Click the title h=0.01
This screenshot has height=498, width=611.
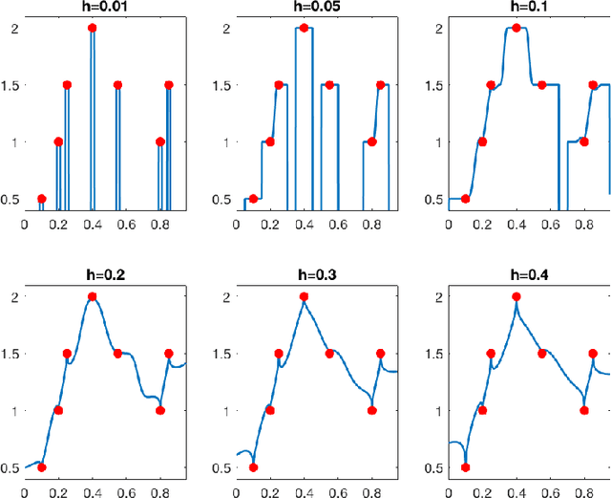pos(93,8)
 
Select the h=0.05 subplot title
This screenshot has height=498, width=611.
pos(305,8)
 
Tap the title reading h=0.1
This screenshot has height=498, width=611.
pos(516,8)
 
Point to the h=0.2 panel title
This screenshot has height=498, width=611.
pos(93,276)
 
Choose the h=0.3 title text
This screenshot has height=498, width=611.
pos(305,276)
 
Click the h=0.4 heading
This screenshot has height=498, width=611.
pos(516,276)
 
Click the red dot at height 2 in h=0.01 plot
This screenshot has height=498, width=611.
pos(93,28)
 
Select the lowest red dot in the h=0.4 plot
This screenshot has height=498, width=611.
pos(466,467)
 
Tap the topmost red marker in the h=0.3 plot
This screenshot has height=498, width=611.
pos(305,296)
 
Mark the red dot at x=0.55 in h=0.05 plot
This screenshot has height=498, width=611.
pos(329,85)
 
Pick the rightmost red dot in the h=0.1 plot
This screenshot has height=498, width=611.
pos(593,85)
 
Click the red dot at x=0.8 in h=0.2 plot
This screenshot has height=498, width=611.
pos(159,411)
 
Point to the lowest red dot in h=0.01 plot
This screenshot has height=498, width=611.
pos(41,199)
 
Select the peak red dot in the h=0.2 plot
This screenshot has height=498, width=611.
pos(93,296)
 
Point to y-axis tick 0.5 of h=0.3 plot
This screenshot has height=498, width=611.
pos(224,468)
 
